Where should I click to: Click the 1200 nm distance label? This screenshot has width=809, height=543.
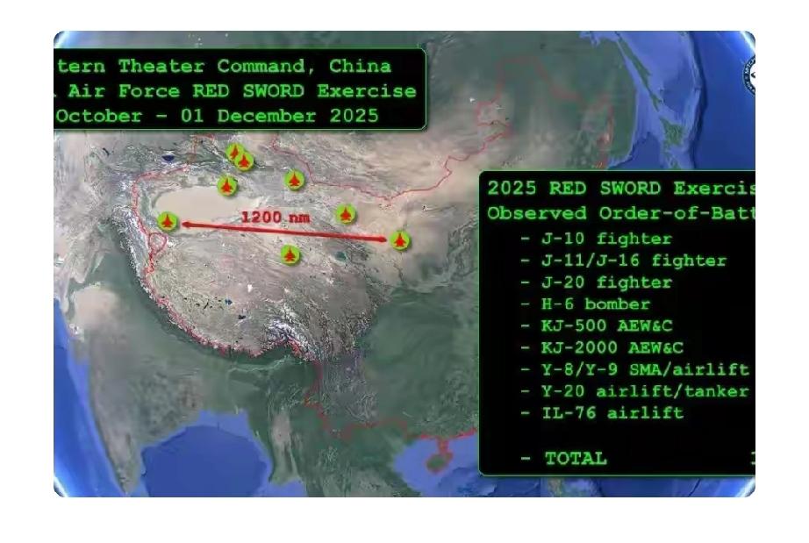(x=275, y=216)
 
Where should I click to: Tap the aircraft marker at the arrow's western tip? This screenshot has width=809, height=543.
(x=168, y=221)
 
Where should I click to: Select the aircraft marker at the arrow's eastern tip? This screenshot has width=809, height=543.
(x=400, y=239)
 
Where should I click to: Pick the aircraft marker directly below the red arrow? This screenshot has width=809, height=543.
(x=290, y=254)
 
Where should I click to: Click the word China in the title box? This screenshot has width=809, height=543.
(x=360, y=67)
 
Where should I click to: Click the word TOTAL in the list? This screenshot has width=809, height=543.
(x=575, y=458)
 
